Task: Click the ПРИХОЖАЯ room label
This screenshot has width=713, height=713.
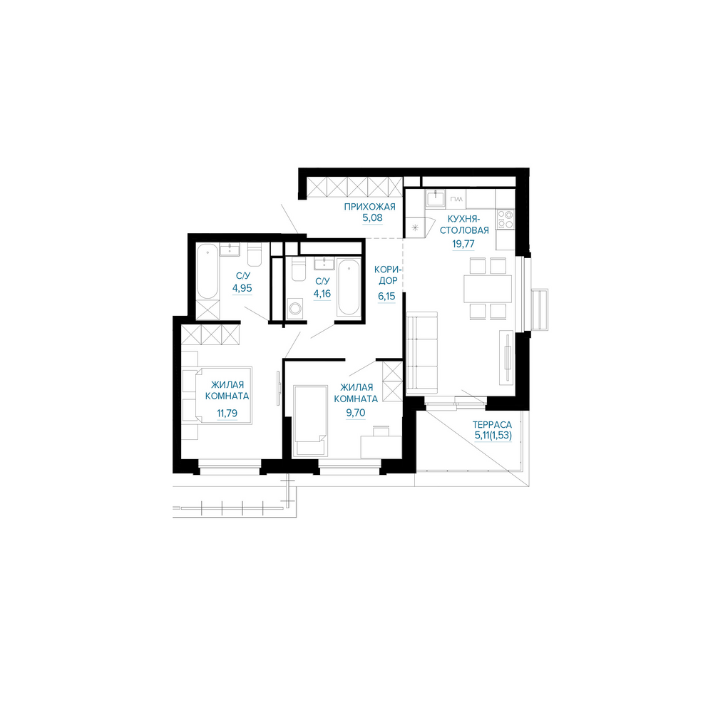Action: point(369,207)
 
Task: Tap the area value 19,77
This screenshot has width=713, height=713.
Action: point(463,244)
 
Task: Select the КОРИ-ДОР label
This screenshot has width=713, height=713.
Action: point(387,275)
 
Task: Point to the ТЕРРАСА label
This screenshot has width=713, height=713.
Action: point(492,425)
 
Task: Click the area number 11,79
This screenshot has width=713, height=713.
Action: point(227,414)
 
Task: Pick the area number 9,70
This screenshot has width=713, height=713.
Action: point(356,413)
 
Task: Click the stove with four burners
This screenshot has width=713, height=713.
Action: point(505,219)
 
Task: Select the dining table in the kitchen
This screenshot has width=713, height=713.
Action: point(488,289)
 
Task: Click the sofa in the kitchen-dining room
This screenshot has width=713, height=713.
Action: point(421,352)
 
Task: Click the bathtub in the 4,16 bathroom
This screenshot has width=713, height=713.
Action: point(349,287)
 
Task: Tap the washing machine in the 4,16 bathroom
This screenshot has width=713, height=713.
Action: point(295,308)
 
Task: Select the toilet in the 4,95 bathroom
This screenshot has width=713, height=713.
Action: point(254,255)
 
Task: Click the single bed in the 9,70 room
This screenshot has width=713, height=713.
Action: point(311,420)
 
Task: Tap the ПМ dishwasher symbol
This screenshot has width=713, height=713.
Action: point(456,199)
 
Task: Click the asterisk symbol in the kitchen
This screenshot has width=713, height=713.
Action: point(415,228)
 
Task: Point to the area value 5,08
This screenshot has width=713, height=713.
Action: point(372,217)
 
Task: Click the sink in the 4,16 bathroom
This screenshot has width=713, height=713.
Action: point(324,263)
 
